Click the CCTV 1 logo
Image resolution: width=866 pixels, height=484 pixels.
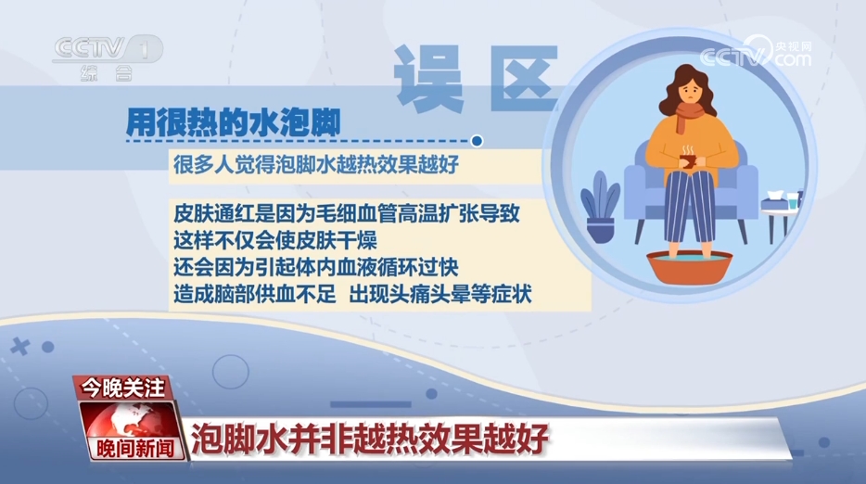(x=108, y=57)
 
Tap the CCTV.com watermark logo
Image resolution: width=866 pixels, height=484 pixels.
(x=757, y=52)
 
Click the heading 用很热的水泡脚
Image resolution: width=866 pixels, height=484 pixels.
(x=233, y=122)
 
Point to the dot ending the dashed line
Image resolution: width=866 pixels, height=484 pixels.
(x=477, y=141)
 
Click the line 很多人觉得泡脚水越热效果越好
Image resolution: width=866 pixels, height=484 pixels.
(x=316, y=165)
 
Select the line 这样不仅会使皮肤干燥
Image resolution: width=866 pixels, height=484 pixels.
(x=275, y=241)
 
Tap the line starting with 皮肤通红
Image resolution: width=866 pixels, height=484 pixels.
(x=346, y=213)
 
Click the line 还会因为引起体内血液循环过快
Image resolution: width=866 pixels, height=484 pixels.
(x=316, y=267)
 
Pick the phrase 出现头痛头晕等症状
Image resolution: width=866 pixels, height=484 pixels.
(x=440, y=295)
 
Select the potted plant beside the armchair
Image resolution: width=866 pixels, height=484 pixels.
(x=599, y=207)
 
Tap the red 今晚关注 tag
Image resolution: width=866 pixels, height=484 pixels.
(x=122, y=388)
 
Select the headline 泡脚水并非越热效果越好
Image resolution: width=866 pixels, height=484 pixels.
(x=369, y=439)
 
